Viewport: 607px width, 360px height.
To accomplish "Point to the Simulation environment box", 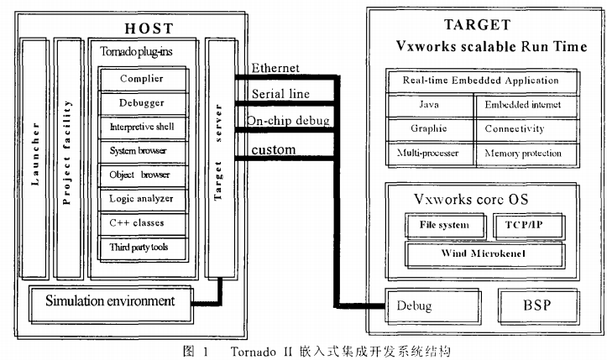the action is (x=112, y=304).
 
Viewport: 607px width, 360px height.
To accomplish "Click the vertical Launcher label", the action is (x=35, y=154).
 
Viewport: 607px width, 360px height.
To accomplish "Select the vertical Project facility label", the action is (x=66, y=152).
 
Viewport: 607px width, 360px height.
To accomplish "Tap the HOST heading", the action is (x=149, y=29).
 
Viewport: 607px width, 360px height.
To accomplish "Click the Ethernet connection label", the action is (x=275, y=68).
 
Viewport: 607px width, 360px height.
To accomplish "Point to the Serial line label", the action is (x=280, y=94).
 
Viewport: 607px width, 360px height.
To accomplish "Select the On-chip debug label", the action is (x=289, y=121).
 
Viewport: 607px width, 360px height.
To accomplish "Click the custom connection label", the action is (x=274, y=149).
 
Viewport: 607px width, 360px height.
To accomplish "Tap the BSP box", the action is (x=538, y=306).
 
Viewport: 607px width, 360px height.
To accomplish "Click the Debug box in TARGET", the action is (x=433, y=305).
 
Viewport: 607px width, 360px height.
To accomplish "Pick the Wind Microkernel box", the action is (x=484, y=254).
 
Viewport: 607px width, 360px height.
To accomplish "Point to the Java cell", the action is (x=430, y=105).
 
